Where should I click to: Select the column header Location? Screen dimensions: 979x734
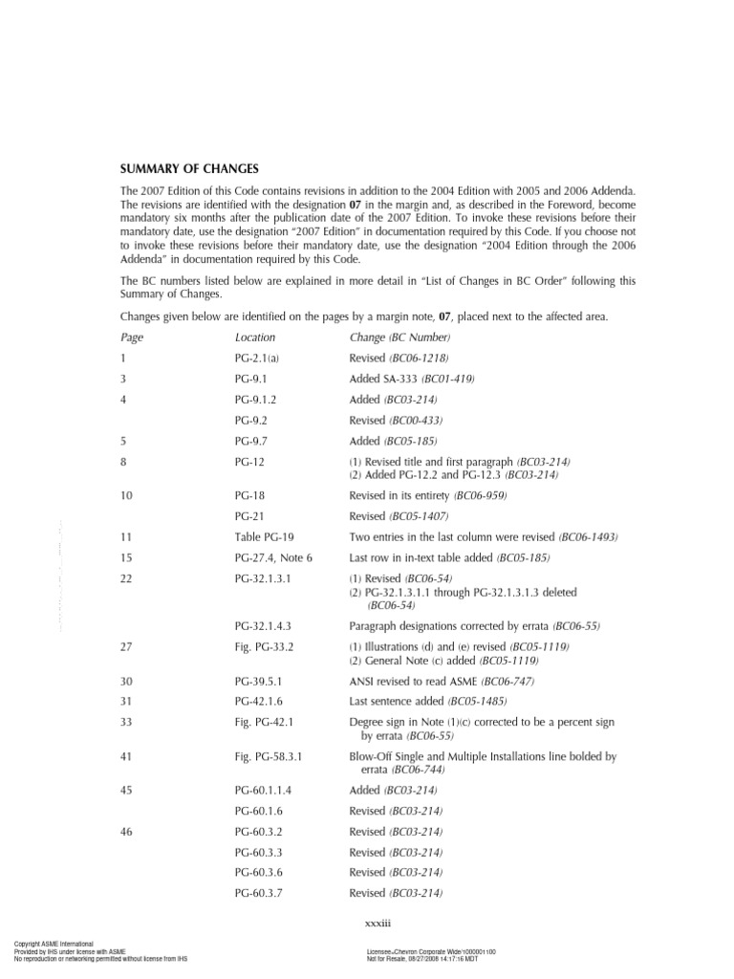tap(255, 337)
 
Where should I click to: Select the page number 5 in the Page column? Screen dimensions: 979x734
tap(124, 441)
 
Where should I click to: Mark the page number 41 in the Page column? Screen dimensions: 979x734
tap(127, 756)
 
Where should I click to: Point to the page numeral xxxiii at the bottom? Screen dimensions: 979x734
tap(368, 924)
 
